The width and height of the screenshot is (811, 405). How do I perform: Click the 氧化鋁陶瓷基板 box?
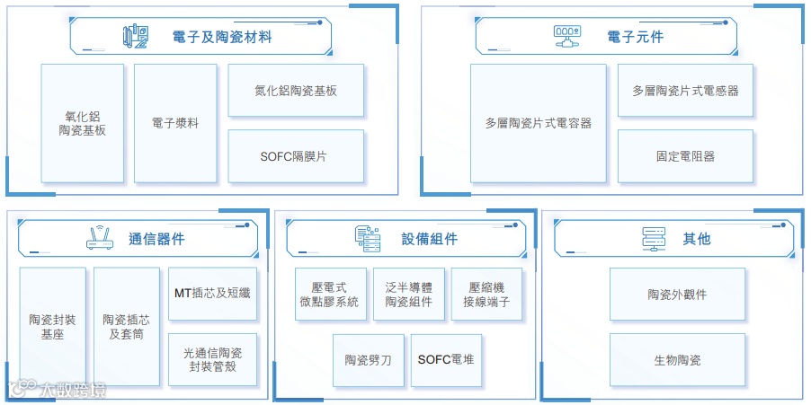click(82, 123)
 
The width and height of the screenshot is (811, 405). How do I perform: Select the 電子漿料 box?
click(175, 123)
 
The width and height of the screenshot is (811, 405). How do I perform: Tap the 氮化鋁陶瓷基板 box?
click(296, 91)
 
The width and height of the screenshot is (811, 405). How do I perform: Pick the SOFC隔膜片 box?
click(296, 156)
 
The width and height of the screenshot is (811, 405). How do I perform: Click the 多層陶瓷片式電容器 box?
click(538, 123)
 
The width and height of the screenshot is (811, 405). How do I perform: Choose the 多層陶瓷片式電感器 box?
click(685, 91)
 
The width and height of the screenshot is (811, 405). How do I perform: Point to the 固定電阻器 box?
click(685, 156)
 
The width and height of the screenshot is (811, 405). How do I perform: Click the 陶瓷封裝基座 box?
click(52, 327)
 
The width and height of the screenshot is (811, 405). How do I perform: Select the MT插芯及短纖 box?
click(212, 294)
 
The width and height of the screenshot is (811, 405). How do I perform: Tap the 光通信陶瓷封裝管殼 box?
click(212, 360)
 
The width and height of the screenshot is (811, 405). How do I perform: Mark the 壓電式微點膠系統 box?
click(330, 295)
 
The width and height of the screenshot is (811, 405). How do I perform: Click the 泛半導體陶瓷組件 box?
click(408, 295)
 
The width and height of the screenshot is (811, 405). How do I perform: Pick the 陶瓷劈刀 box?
click(368, 360)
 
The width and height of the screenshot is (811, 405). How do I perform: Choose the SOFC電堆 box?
click(446, 360)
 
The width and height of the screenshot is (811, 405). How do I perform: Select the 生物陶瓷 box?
click(677, 360)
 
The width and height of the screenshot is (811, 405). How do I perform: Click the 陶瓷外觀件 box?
click(677, 295)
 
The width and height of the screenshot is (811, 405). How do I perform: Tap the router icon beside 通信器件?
click(99, 238)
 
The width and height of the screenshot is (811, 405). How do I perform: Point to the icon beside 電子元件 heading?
click(566, 37)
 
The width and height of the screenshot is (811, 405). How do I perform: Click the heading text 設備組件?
click(429, 239)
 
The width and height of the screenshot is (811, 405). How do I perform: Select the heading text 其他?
click(696, 239)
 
